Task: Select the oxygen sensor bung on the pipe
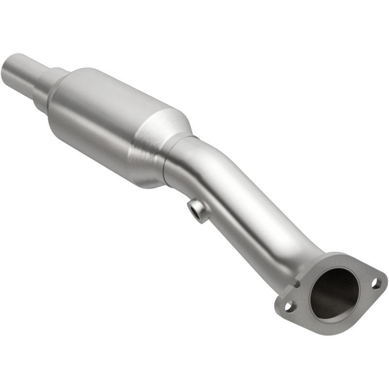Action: click(198, 210)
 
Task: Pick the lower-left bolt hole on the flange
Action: click(290, 306)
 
